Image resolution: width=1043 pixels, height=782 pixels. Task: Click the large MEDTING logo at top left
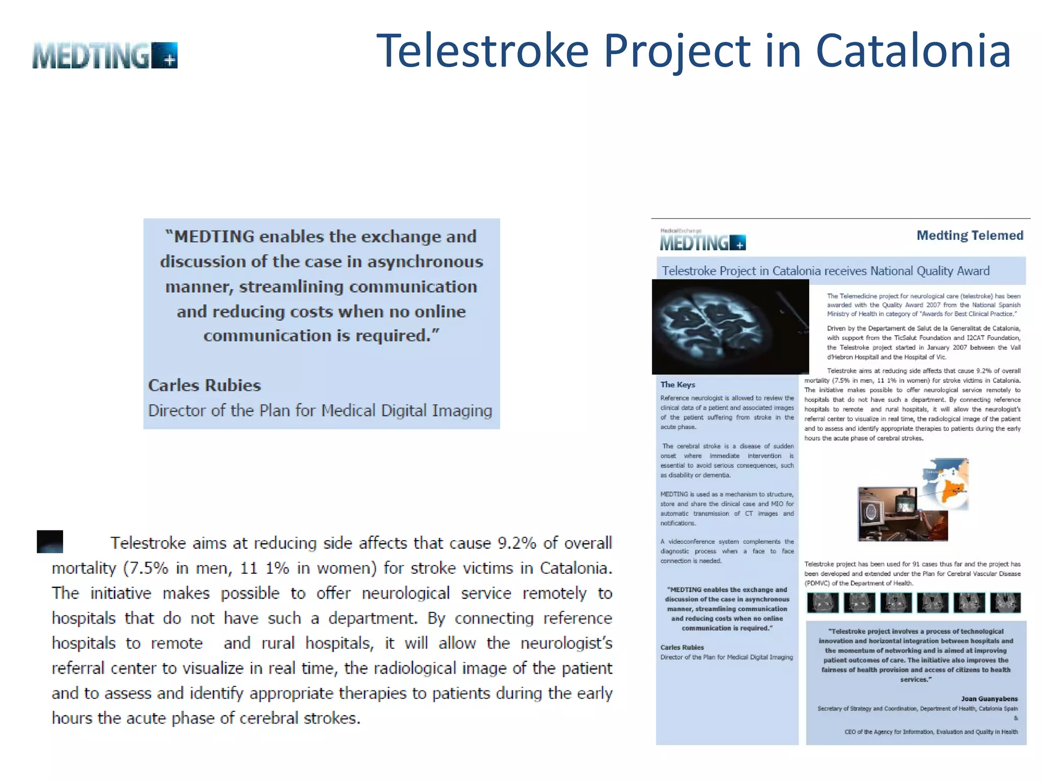coord(104,55)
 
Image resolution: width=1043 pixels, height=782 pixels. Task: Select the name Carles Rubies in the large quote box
coord(204,385)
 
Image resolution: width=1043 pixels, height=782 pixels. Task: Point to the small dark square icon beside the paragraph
coord(50,541)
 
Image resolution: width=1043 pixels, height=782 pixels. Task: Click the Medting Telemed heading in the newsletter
coord(970,235)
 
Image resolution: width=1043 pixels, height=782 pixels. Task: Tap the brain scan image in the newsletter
coord(730,326)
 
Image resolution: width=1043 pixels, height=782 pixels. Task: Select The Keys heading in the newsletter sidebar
coord(677,384)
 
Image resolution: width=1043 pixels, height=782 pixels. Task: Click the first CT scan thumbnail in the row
coord(822,602)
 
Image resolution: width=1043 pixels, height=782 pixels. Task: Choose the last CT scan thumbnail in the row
coord(1005,602)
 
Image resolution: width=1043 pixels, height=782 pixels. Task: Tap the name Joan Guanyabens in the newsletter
coord(989,699)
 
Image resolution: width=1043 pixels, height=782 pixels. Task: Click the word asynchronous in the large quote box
coord(425,262)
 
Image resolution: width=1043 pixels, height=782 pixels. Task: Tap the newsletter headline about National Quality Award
coord(826,271)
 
